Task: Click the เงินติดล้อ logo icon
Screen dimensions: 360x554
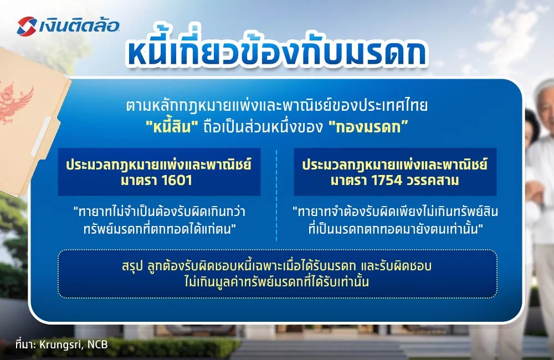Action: [x=27, y=25]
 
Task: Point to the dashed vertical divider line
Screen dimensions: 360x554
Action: [x=276, y=194]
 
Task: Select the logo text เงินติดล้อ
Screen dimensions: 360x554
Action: [x=78, y=25]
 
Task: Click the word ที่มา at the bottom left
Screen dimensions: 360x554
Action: [x=24, y=344]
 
